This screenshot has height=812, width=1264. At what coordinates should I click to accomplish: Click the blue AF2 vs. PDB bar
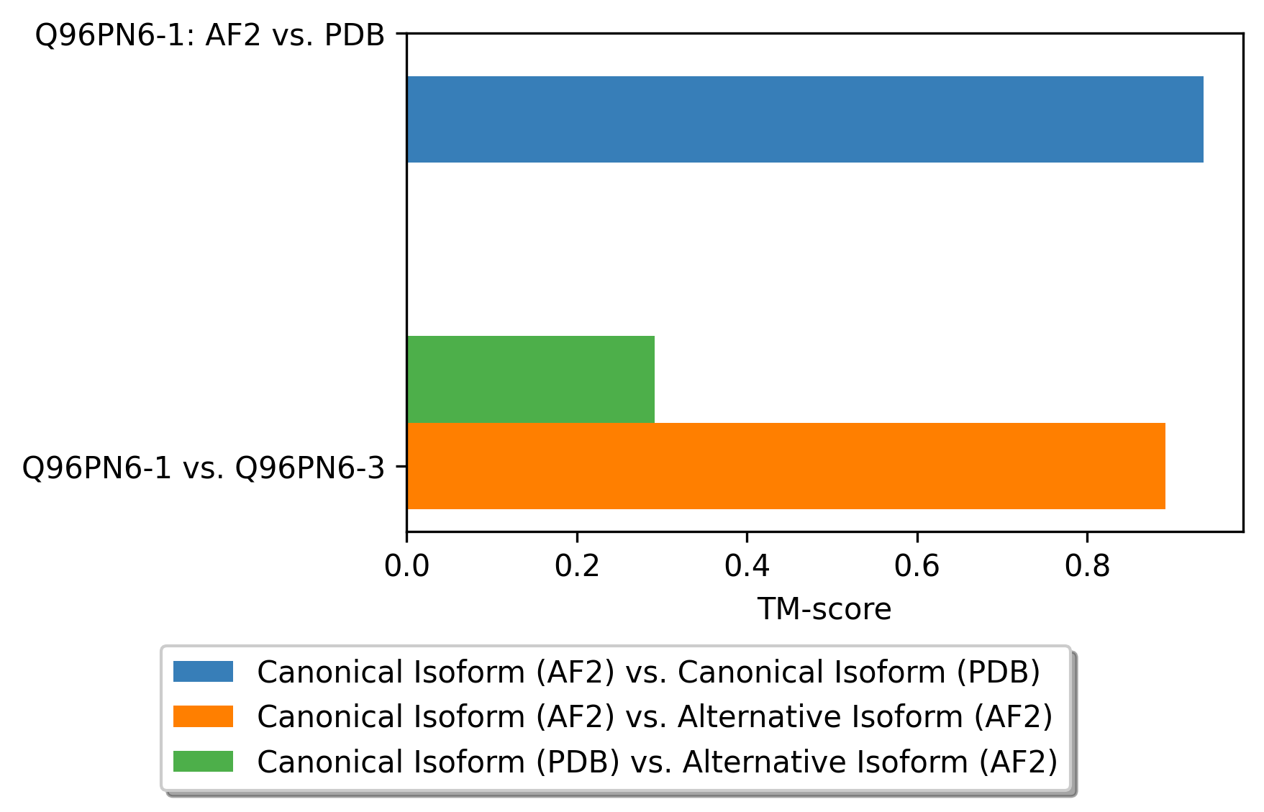[x=804, y=119]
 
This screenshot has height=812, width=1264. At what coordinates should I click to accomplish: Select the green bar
[x=531, y=379]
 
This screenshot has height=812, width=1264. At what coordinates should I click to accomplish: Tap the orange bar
[x=786, y=466]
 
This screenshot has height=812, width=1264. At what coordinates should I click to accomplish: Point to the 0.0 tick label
[x=406, y=567]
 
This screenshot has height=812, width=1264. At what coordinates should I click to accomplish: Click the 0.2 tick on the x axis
[x=577, y=567]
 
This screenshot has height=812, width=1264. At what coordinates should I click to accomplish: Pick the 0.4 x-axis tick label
[x=747, y=567]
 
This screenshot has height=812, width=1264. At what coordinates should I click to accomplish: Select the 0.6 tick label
[x=917, y=567]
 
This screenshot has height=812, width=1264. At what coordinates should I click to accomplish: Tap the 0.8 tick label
[x=1087, y=567]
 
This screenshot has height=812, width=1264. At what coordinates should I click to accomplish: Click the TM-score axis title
[x=824, y=610]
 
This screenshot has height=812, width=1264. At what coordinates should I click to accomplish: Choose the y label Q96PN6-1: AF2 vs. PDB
[x=210, y=35]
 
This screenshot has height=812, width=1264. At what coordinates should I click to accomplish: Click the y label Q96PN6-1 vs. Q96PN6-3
[x=204, y=468]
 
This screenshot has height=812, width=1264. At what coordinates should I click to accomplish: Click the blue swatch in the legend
[x=203, y=672]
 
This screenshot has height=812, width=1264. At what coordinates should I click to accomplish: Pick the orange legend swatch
[x=203, y=716]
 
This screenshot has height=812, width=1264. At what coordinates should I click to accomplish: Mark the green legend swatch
[x=203, y=762]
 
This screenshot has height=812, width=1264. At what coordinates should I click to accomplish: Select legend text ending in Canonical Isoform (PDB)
[x=648, y=672]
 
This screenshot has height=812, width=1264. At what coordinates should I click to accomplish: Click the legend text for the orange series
[x=655, y=716]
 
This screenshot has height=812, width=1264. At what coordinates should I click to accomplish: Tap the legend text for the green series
[x=657, y=762]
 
